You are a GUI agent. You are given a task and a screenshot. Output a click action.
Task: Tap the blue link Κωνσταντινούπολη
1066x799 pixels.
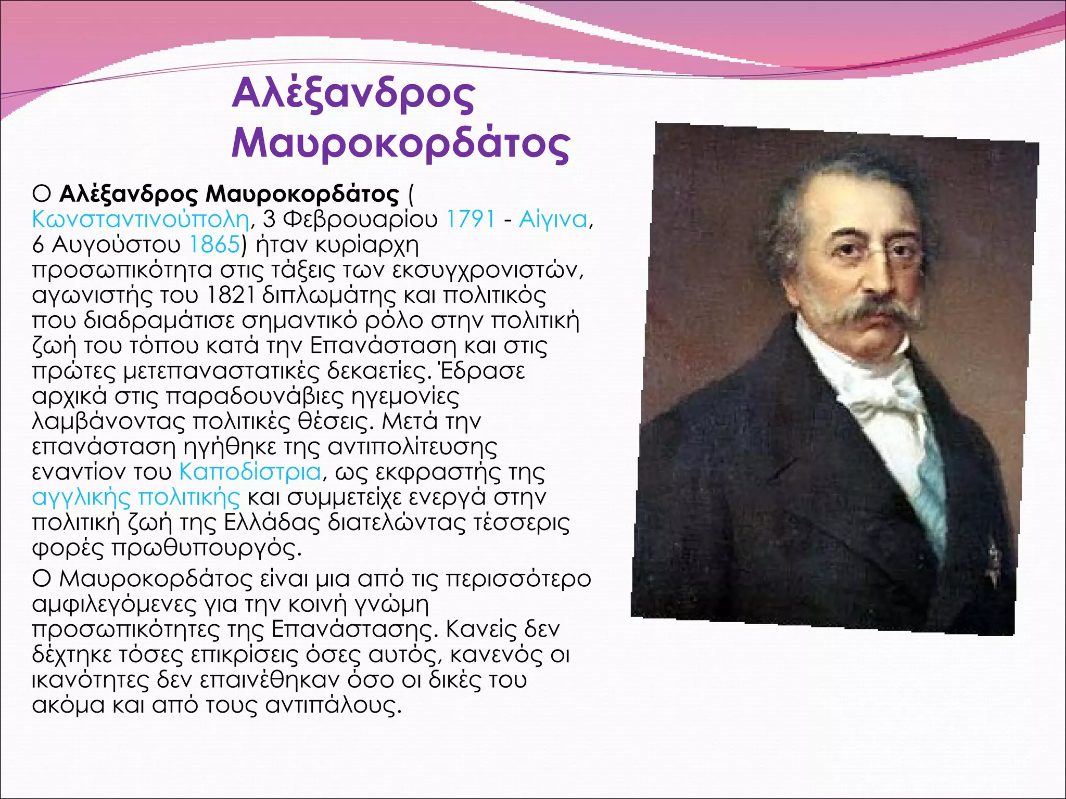[x=141, y=219]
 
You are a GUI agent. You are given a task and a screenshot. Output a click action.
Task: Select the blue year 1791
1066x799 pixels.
[x=471, y=219]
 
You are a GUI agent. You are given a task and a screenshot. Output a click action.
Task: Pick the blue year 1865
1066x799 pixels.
[x=214, y=244]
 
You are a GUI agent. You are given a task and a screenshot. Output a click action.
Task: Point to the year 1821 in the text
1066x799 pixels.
[x=230, y=295]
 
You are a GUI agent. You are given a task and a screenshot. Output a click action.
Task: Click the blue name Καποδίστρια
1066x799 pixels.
[x=250, y=472]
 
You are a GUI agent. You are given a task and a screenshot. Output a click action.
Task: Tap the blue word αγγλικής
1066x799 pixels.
[x=81, y=497]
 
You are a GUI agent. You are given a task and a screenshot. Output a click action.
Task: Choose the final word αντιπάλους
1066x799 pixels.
[x=333, y=705]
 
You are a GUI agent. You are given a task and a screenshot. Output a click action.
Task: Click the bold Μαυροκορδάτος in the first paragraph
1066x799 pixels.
[x=302, y=194]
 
